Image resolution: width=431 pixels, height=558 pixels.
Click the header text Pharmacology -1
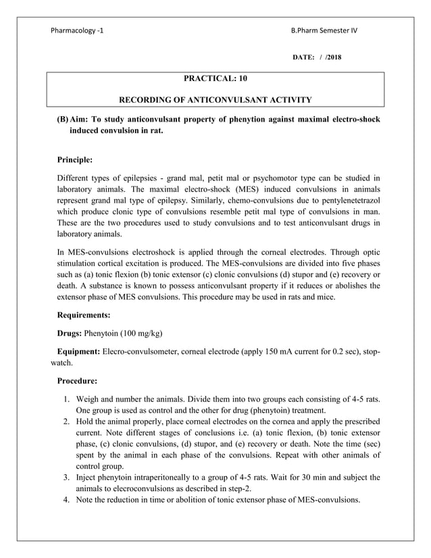pos(78,30)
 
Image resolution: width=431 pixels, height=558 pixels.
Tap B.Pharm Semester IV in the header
pos(324,30)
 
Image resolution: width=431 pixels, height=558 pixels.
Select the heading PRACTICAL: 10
pos(215,79)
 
